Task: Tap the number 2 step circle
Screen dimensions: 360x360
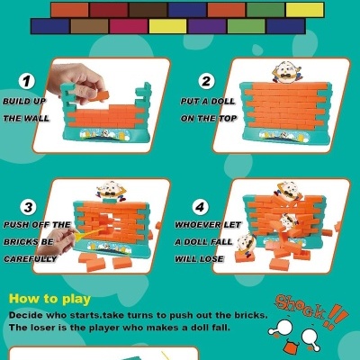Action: tap(206, 81)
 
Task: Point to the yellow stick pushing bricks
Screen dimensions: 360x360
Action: tap(76, 236)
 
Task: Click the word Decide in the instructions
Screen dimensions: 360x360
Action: tap(27, 316)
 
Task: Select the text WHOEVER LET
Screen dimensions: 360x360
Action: tap(207, 224)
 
